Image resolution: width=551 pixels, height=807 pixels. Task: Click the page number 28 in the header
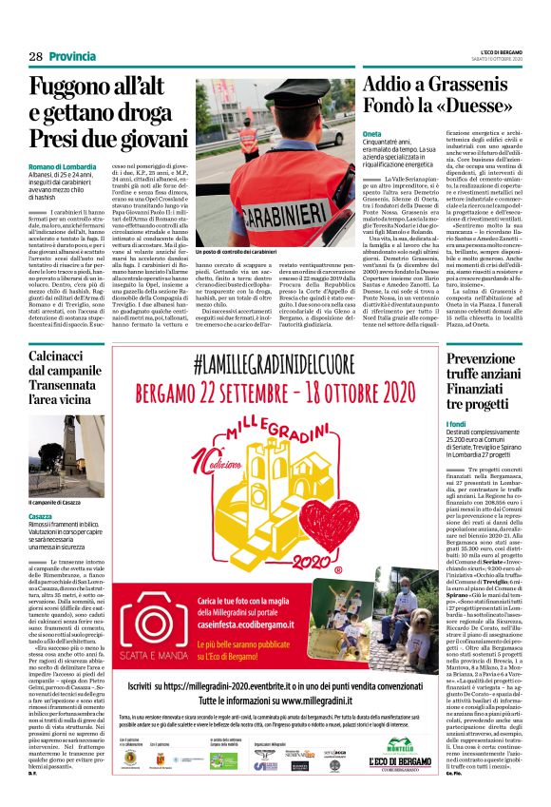tap(35, 57)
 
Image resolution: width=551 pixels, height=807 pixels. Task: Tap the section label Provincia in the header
tap(73, 57)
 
